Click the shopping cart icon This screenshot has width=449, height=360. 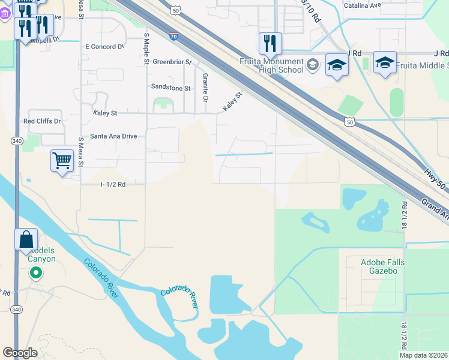point(62,161)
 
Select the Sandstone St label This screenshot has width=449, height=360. point(170,88)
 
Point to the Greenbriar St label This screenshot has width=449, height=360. point(172,62)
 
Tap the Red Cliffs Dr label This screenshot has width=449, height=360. point(42,121)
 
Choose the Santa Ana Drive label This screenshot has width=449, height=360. point(113,136)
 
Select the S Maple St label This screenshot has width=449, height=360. point(146,49)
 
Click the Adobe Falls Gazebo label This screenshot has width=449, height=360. point(383,266)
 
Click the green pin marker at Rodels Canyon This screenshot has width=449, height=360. point(36,274)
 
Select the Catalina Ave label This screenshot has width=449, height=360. point(363,5)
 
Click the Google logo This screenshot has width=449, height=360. point(20,353)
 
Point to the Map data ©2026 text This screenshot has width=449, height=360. point(424,355)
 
